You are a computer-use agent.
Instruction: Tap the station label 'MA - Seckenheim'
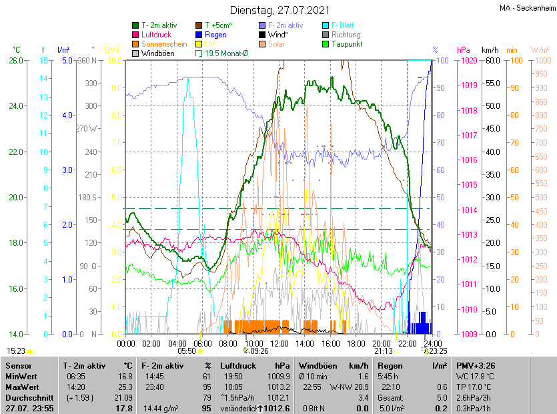(x=527, y=8)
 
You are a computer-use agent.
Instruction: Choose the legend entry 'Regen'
(x=215, y=35)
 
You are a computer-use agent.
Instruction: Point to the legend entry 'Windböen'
(x=157, y=53)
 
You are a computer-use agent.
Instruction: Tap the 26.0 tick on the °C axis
(x=15, y=61)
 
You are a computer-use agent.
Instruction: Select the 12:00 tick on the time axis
(x=280, y=343)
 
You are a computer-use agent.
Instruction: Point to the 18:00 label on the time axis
(x=356, y=343)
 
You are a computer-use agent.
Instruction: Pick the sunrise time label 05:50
(x=186, y=351)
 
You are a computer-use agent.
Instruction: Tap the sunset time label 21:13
(x=383, y=351)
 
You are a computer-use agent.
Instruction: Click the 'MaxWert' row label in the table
(x=22, y=387)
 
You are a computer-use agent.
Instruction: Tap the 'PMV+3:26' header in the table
(x=475, y=366)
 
